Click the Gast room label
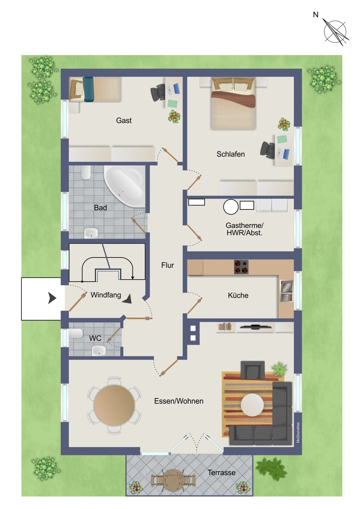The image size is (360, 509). [124, 120]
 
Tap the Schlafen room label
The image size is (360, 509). [231, 154]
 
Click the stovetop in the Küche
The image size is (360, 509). [241, 267]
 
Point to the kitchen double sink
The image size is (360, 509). [287, 291]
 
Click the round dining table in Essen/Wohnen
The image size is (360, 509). [114, 405]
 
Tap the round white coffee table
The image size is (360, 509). [252, 405]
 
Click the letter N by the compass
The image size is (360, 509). [316, 15]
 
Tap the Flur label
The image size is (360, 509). [168, 265]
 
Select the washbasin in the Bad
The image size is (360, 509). [91, 233]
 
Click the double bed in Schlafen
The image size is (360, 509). [233, 103]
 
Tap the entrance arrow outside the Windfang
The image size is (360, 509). [52, 298]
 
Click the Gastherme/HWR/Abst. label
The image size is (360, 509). [244, 229]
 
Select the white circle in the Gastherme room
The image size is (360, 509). [231, 207]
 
